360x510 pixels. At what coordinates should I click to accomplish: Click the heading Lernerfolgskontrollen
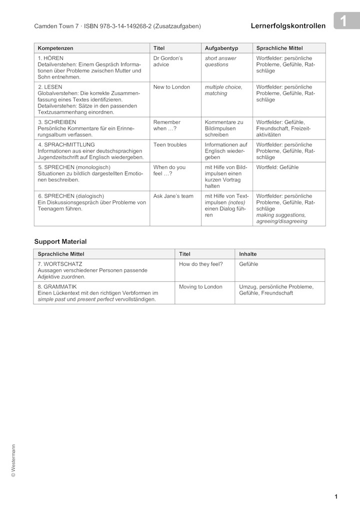(288, 26)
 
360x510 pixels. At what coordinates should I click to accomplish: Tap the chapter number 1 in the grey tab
(343, 21)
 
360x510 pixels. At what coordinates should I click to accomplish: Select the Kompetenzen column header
(55, 48)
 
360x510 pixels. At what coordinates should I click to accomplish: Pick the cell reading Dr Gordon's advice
(168, 62)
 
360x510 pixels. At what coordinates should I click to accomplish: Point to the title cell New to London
(171, 87)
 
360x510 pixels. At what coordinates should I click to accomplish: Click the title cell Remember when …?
(167, 125)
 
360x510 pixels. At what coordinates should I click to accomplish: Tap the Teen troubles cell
(170, 145)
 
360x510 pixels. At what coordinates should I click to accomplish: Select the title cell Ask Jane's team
(173, 196)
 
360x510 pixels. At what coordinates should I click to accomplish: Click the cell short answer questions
(220, 62)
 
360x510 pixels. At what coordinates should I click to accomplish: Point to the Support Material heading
(60, 241)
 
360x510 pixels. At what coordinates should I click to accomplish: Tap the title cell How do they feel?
(201, 264)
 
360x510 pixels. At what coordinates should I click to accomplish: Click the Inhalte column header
(248, 254)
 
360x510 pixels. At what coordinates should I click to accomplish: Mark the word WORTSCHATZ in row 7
(63, 264)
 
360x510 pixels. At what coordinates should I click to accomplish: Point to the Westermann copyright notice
(13, 461)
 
